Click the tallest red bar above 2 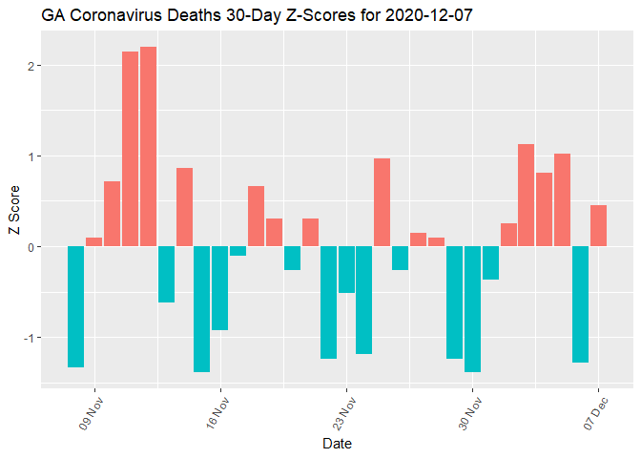pos(148,146)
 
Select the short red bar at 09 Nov pos(93,241)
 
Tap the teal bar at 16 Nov pos(219,288)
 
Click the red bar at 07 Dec pos(598,226)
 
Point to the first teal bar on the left pos(75,306)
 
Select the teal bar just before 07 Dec pos(580,304)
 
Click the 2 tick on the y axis pos(32,66)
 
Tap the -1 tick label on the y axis pos(31,338)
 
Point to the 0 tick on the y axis pos(32,247)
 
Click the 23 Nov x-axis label pos(343,409)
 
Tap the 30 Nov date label pos(469,409)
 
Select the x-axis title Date pos(337,444)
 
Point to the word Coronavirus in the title pos(113,16)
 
